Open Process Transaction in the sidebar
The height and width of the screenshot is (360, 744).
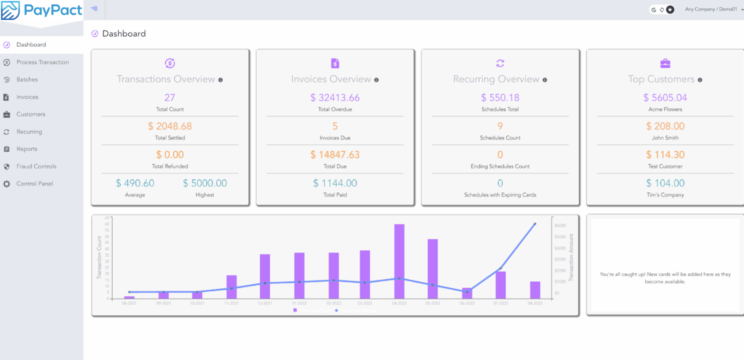tap(42, 62)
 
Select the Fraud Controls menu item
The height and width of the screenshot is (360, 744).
tap(36, 166)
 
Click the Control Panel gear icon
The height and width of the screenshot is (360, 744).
tap(6, 184)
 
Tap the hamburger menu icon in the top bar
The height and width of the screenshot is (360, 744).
tap(94, 8)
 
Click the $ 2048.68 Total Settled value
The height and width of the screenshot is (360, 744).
tap(170, 126)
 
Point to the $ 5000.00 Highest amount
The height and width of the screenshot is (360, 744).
tap(205, 183)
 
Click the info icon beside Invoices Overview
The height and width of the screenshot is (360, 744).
tap(376, 80)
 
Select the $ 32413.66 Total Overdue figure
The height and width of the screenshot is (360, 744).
tap(335, 97)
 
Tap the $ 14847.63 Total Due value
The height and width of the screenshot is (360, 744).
tap(335, 154)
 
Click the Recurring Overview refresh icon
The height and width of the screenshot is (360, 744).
tap(500, 63)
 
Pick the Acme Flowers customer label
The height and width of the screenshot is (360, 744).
tap(665, 109)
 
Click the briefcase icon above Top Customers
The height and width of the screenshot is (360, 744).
tap(665, 63)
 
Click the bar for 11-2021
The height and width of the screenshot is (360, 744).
tap(231, 287)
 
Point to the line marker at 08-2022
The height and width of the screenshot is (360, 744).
tap(535, 223)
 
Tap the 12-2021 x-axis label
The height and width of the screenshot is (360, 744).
tap(264, 303)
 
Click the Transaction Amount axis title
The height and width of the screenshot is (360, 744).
tap(571, 257)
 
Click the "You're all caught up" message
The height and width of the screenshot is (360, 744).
tap(665, 278)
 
